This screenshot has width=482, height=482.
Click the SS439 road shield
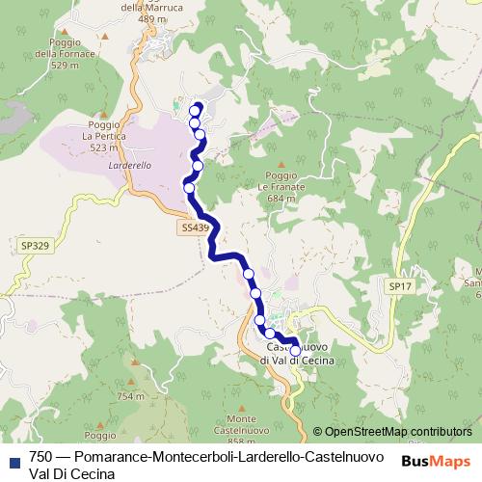point(193,228)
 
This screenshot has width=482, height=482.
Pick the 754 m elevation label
point(130,396)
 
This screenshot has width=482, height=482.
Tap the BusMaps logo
point(435,462)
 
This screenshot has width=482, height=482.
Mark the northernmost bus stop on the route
point(198,108)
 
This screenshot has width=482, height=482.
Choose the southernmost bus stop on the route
point(295,350)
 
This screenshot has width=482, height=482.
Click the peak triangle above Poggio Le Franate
point(281,165)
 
